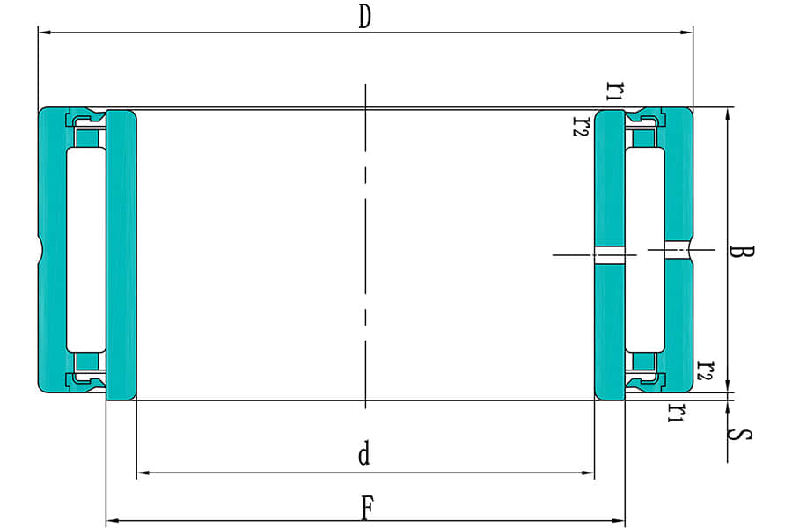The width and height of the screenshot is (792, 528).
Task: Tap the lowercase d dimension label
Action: click(364, 455)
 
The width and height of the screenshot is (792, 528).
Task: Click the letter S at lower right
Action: click(744, 435)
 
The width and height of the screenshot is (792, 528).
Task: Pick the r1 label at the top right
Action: click(616, 90)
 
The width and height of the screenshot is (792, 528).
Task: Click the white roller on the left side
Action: click(86, 251)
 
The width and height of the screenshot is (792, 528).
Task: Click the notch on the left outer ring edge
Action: click(40, 250)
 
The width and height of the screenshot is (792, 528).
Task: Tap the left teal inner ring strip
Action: click(121, 255)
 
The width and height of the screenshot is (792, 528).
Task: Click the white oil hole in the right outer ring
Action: click(678, 251)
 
